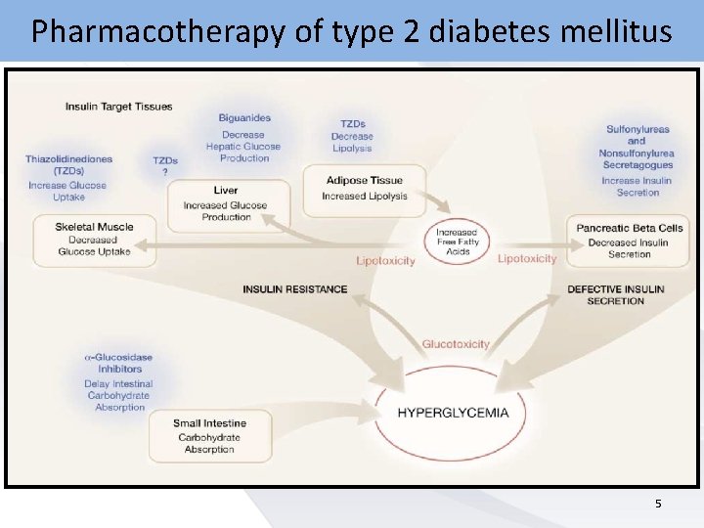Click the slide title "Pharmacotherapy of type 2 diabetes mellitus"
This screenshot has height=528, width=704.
pyautogui.click(x=351, y=31)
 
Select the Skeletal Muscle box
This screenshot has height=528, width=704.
pyautogui.click(x=95, y=240)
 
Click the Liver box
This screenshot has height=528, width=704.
pyautogui.click(x=226, y=204)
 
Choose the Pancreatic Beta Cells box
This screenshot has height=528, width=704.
pyautogui.click(x=629, y=241)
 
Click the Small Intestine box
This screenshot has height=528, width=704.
pyautogui.click(x=209, y=436)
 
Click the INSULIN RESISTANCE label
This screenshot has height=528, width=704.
pyautogui.click(x=294, y=289)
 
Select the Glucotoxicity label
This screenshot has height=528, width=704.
pyautogui.click(x=456, y=344)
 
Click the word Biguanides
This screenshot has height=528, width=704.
pyautogui.click(x=244, y=118)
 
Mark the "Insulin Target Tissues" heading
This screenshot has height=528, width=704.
pyautogui.click(x=119, y=107)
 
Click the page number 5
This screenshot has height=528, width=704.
pyautogui.click(x=658, y=504)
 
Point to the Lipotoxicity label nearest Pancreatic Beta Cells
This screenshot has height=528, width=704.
pyautogui.click(x=527, y=259)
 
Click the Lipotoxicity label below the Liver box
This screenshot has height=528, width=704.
pyautogui.click(x=385, y=261)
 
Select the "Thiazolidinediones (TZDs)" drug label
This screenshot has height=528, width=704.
pyautogui.click(x=68, y=164)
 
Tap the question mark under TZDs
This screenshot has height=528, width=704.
pyautogui.click(x=165, y=172)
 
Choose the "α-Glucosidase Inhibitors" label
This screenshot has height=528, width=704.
pyautogui.click(x=117, y=364)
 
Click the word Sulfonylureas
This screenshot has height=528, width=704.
pyautogui.click(x=638, y=129)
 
